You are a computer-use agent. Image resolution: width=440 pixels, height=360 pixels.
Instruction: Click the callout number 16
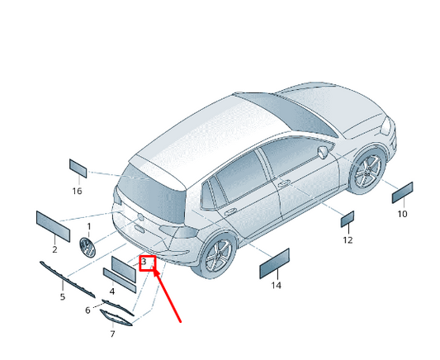point(77,191)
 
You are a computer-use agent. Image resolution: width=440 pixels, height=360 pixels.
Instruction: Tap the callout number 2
point(54,249)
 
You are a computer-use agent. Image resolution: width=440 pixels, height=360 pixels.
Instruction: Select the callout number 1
point(89,226)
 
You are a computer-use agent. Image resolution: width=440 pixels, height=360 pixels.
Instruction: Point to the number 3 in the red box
point(144,262)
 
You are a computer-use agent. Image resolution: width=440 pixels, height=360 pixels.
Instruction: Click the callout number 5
point(63,296)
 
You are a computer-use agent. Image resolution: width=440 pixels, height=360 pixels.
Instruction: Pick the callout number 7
point(112,334)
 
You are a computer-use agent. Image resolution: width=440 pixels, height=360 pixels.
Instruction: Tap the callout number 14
point(276,286)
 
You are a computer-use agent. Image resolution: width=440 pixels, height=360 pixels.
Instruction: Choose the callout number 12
point(348,240)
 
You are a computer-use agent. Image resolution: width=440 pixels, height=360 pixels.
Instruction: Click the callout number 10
point(402,214)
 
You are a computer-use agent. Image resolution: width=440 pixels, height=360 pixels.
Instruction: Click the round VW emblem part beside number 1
point(88,247)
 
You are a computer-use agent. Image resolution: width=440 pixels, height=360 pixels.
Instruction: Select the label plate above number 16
point(78,168)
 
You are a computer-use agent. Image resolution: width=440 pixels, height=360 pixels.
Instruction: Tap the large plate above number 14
point(274,263)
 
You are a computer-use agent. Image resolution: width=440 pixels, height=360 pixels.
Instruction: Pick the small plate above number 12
point(348,219)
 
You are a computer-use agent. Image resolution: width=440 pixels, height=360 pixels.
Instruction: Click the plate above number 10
point(402,192)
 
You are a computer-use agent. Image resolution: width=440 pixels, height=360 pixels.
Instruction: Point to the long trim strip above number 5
point(68,279)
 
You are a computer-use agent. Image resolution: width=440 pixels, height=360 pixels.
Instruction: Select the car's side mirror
point(323,152)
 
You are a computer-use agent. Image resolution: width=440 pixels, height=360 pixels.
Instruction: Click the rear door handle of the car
point(229,211)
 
